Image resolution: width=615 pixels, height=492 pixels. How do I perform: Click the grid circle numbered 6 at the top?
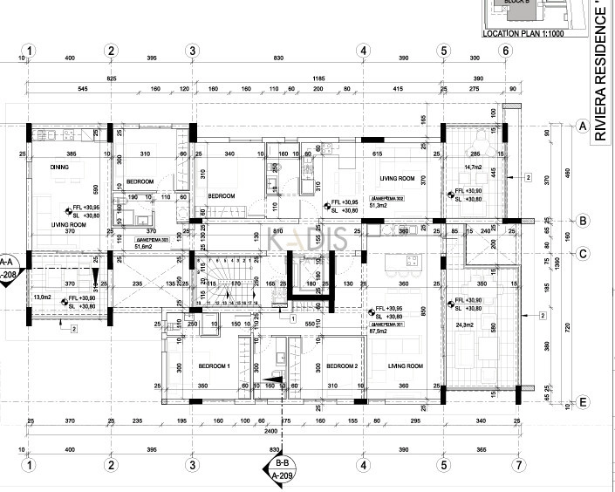(504, 51)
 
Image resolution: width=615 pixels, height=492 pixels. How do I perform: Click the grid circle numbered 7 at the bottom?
(517, 466)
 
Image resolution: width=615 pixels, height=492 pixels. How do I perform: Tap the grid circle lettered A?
(580, 126)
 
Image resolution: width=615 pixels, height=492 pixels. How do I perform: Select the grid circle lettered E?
(580, 402)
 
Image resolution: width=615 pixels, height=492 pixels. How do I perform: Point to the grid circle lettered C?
(580, 255)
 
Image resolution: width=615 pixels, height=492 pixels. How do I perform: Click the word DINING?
(59, 167)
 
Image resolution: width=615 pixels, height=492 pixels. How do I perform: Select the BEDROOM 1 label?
(213, 366)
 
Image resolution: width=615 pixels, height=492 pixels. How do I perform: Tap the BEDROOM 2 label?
(343, 366)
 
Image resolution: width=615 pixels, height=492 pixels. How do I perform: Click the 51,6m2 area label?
(121, 247)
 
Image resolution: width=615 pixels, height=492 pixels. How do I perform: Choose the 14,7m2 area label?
(473, 167)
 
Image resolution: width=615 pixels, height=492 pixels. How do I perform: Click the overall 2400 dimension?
(272, 432)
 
